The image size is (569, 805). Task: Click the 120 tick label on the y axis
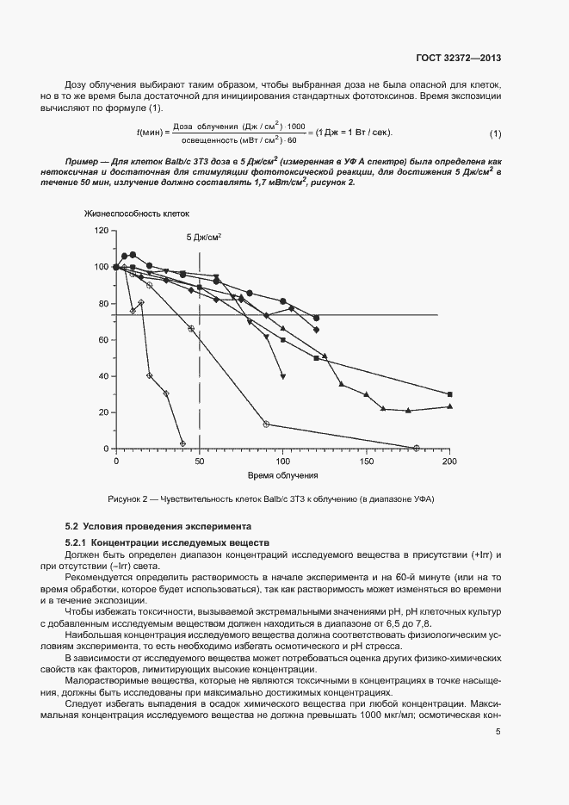102,231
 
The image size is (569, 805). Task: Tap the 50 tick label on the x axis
200,461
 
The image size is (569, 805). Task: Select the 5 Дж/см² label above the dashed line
204,236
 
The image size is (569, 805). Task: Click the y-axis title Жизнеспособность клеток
136,213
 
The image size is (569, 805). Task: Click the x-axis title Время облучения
283,475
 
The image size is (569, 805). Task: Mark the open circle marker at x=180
417,448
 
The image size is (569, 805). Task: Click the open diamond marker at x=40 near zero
182,443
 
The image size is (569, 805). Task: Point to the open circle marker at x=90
266,424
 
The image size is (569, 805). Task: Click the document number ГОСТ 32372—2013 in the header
455,59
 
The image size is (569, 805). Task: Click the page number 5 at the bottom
498,732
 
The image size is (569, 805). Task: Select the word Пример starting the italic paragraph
84,162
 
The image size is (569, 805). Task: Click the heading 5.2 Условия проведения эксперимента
158,525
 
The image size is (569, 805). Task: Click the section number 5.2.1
77,542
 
